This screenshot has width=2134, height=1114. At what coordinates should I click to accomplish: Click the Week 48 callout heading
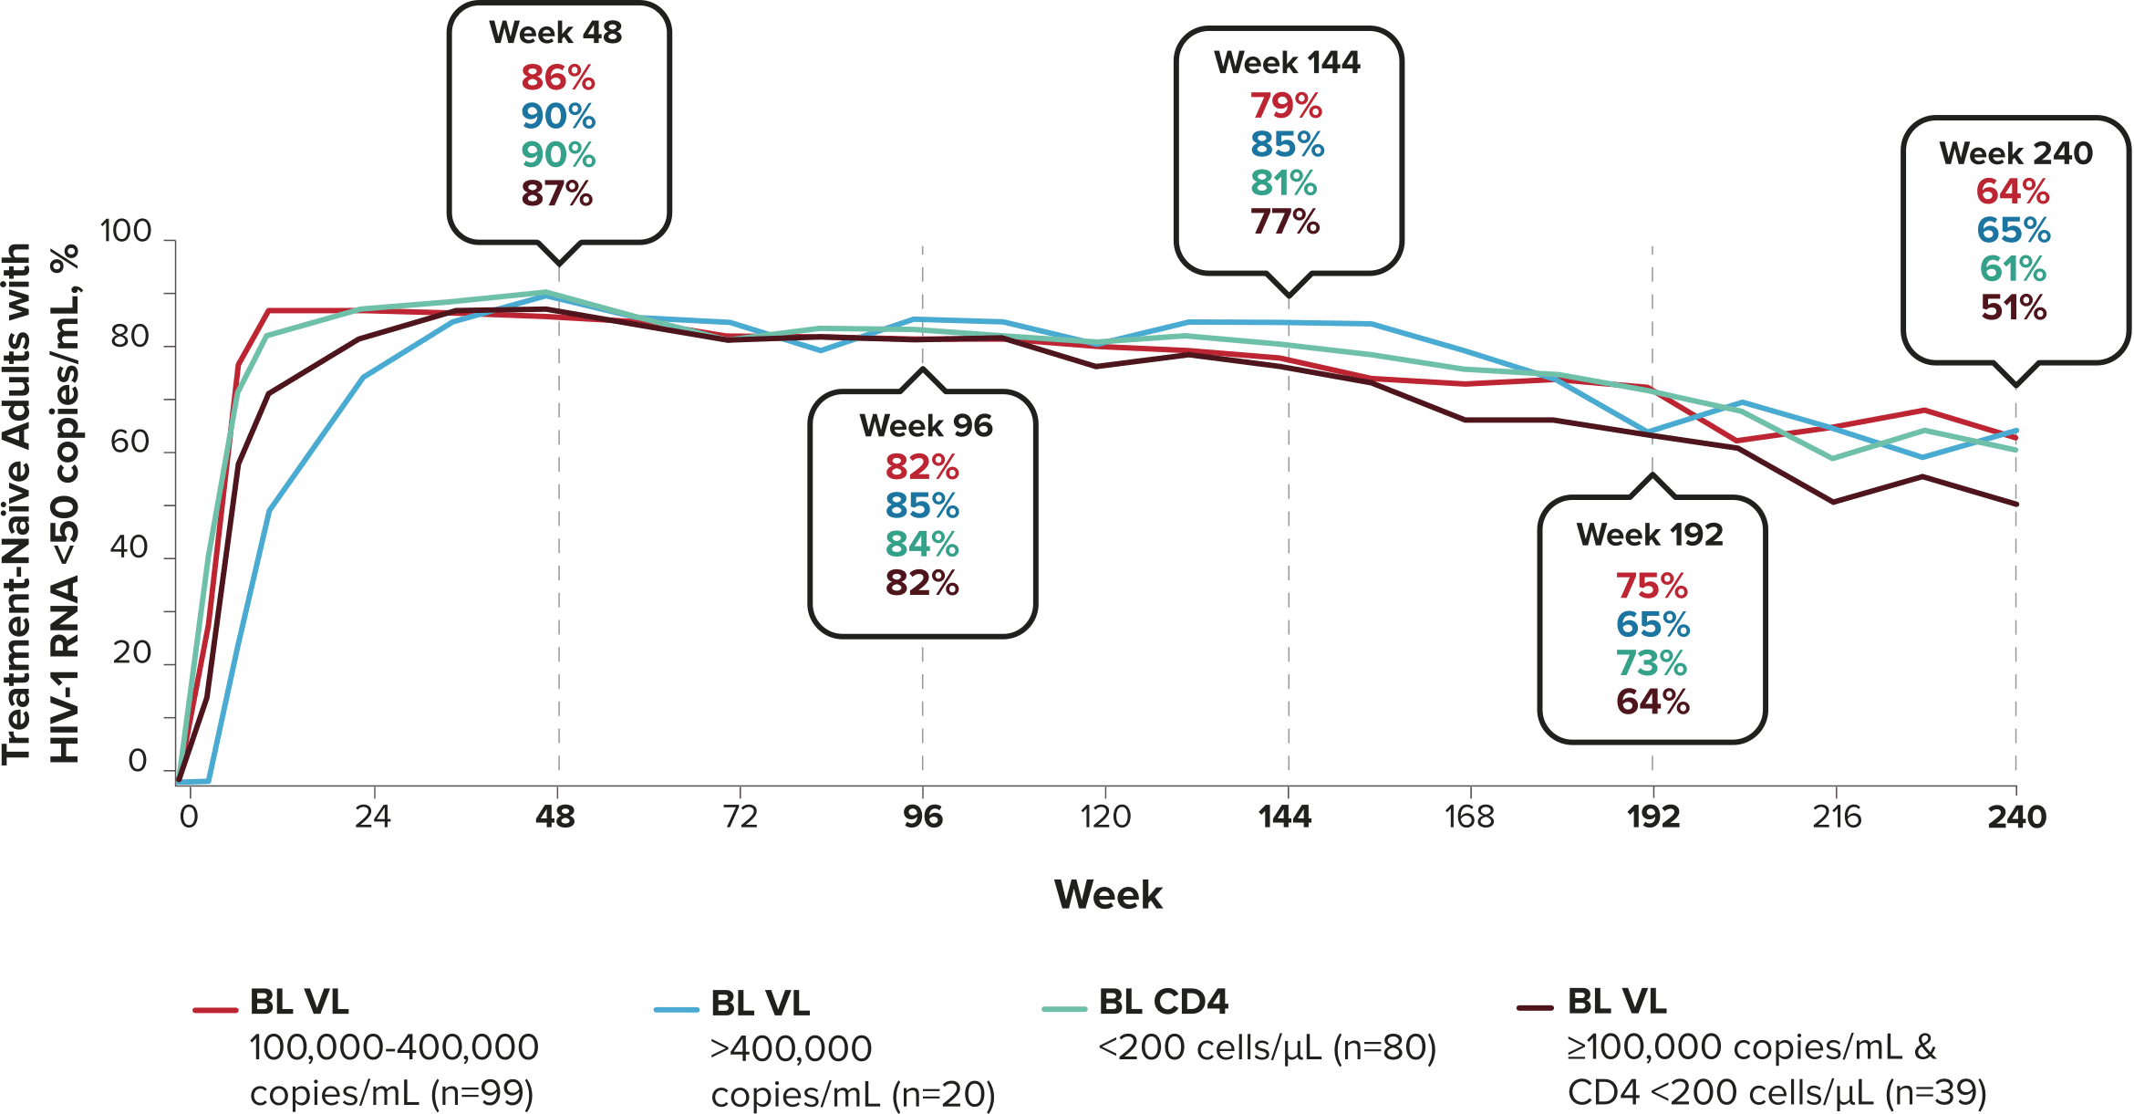(555, 33)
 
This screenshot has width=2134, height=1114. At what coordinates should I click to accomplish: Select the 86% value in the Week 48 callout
(558, 78)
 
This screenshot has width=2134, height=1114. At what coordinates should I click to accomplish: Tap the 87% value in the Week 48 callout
(557, 194)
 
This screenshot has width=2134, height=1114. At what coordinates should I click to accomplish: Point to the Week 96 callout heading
(926, 426)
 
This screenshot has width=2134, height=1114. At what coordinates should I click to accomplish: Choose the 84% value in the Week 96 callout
(922, 545)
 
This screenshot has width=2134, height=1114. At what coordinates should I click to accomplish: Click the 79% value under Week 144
(1286, 107)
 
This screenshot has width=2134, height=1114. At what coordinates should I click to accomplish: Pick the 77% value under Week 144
(1285, 222)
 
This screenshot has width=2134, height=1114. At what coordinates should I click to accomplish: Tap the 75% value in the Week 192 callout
(1652, 586)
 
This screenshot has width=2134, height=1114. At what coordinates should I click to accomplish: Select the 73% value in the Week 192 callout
(1652, 663)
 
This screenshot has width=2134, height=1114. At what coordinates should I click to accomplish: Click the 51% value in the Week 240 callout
(2014, 308)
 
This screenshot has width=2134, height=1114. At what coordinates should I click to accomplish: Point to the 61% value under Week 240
(2013, 269)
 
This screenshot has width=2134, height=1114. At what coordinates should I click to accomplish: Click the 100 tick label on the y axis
(125, 232)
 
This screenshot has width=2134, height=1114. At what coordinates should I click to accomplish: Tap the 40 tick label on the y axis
(129, 547)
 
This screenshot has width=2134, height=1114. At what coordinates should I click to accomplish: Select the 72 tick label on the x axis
(740, 817)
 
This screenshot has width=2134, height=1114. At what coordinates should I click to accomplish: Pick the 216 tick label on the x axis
(1836, 817)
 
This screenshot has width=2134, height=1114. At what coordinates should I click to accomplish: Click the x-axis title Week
(1108, 895)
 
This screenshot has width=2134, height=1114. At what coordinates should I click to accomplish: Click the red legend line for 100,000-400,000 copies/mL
(215, 1010)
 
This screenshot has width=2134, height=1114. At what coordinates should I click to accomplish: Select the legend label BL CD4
(1163, 1003)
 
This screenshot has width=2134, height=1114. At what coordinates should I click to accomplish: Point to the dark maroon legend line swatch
(1535, 1008)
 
